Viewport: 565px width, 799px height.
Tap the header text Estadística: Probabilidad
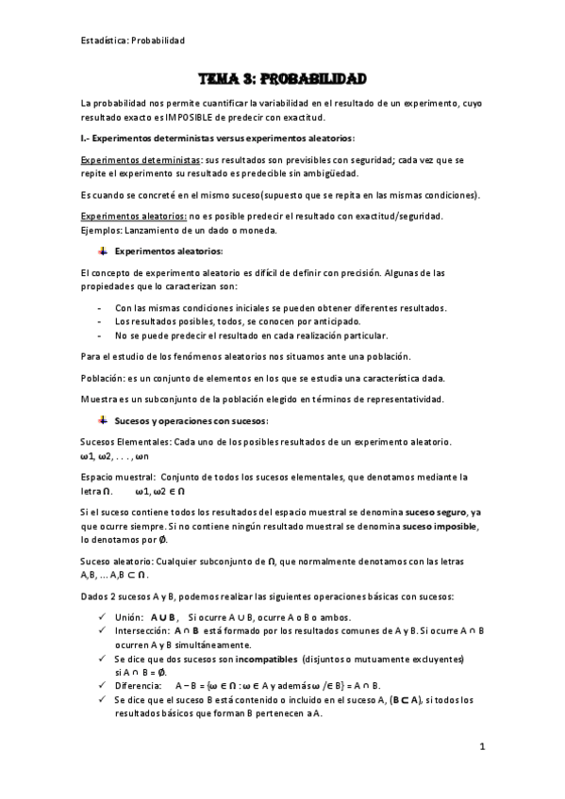click(133, 41)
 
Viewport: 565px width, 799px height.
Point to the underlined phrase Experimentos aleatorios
click(123, 216)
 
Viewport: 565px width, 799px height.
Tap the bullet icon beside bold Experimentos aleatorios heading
click(102, 252)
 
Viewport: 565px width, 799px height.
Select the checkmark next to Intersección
click(102, 630)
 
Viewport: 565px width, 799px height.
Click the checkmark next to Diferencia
click(102, 686)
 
